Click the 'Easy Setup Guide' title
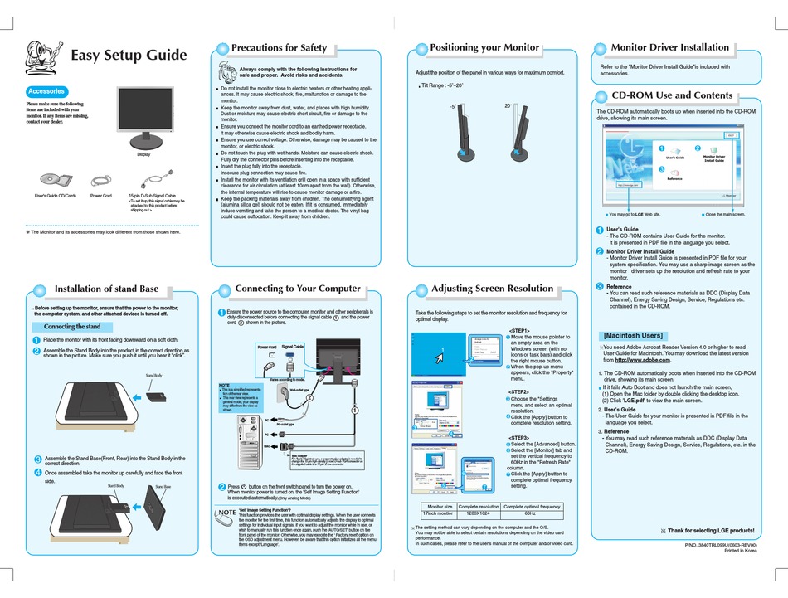coord(129,56)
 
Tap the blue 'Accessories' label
coord(46,91)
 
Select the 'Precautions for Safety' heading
coord(279,48)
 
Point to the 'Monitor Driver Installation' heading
coord(669,48)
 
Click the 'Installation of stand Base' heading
coord(105,289)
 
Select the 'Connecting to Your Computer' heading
coord(298,289)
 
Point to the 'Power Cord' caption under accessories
coord(100,195)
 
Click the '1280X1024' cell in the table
coord(479,513)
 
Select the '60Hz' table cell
coord(533,513)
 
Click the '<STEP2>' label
coord(519,391)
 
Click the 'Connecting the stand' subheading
coord(71,326)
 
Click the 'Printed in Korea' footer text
coord(737,551)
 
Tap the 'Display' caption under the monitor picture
coord(144,154)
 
